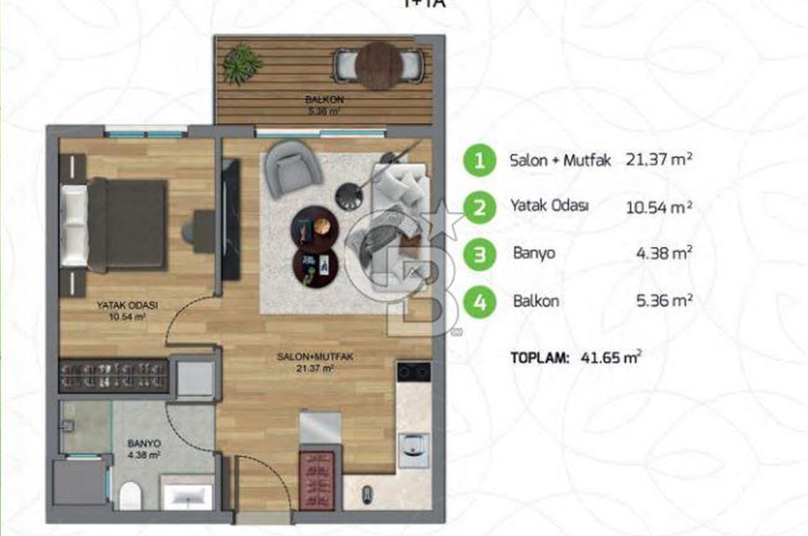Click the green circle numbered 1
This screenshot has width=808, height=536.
480,161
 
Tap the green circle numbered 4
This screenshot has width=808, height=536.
480,304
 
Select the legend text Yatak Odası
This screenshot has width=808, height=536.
549,206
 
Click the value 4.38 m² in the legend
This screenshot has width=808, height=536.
665,253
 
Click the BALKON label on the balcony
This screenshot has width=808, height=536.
316,99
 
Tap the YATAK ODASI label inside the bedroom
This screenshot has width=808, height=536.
128,306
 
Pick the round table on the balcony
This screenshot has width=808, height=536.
379,65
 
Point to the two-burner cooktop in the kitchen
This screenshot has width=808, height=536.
413,373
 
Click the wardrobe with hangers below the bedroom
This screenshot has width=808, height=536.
114,377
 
